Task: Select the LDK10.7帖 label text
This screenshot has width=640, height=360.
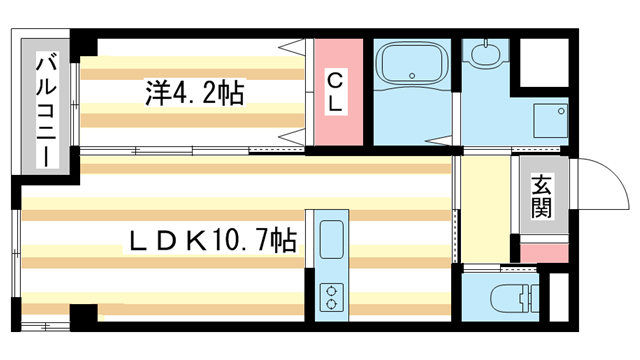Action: tap(210, 241)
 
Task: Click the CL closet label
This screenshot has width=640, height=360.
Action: tap(336, 89)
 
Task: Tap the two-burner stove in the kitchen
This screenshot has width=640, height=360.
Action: tap(330, 294)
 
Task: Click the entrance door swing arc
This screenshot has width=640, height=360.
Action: tap(600, 185)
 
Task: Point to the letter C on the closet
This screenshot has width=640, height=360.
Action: tap(336, 76)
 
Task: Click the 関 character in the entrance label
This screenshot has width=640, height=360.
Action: tap(542, 207)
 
